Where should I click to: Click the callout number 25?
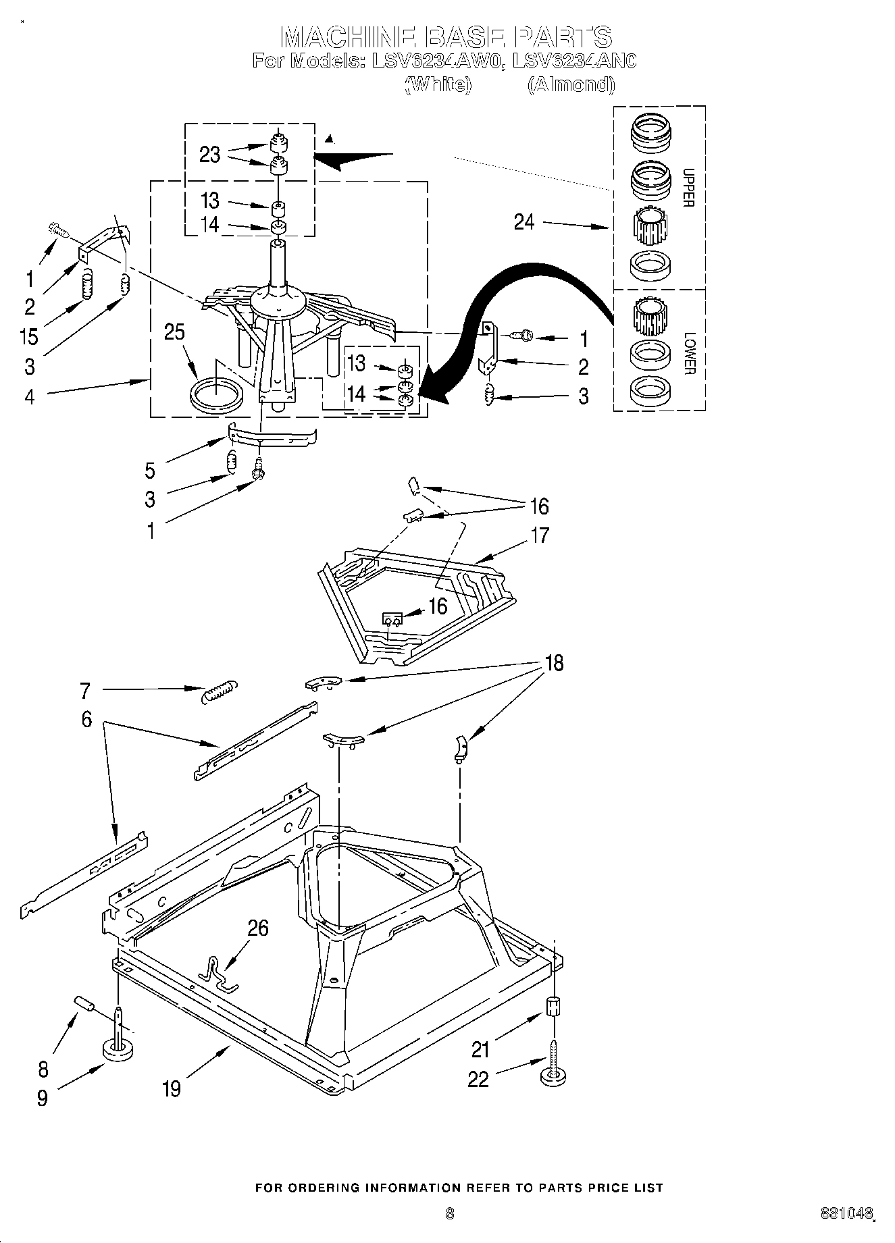(174, 333)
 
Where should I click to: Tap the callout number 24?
(523, 221)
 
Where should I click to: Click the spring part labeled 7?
(220, 691)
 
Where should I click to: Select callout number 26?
(257, 928)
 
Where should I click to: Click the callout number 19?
(172, 1088)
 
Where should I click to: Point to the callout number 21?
(481, 1049)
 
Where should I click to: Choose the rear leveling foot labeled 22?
(553, 1075)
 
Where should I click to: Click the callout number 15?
(29, 336)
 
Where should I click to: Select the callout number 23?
(209, 155)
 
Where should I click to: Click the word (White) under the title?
(437, 84)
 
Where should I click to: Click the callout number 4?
(29, 396)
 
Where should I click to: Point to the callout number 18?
(553, 663)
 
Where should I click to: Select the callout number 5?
(150, 470)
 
